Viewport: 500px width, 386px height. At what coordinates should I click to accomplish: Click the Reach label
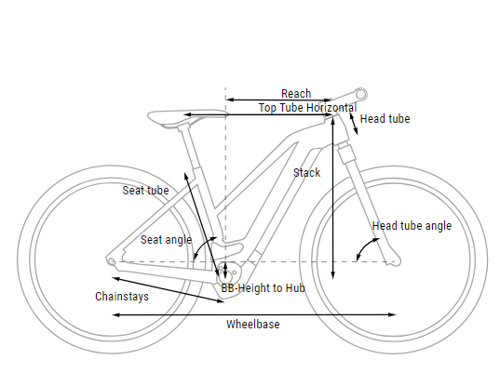(296, 94)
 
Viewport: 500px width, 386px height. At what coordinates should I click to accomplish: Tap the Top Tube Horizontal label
(307, 108)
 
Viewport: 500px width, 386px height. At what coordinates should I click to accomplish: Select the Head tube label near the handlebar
(385, 119)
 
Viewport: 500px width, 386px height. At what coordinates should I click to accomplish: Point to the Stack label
(306, 173)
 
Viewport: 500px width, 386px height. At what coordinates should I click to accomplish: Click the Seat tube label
(146, 191)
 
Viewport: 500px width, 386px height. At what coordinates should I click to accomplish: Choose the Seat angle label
(166, 240)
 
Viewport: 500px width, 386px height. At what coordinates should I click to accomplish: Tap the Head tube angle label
(412, 226)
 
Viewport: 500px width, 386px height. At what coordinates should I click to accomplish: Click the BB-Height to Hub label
(264, 288)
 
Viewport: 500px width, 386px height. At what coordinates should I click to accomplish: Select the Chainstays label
(122, 297)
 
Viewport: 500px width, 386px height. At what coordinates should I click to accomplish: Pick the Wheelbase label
(253, 325)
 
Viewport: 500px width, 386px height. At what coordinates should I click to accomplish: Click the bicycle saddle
(188, 117)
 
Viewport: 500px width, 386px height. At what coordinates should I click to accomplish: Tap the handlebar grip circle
(361, 94)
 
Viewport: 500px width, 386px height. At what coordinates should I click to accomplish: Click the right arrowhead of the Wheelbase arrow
(393, 314)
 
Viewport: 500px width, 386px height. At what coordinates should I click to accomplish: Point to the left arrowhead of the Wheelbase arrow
(116, 314)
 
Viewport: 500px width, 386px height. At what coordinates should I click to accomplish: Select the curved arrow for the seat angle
(202, 245)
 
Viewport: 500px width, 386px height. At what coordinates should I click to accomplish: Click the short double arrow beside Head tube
(354, 124)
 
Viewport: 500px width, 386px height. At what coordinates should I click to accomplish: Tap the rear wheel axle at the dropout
(112, 261)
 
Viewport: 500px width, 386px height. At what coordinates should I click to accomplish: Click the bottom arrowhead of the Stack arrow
(333, 276)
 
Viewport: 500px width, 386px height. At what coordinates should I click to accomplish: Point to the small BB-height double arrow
(225, 270)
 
